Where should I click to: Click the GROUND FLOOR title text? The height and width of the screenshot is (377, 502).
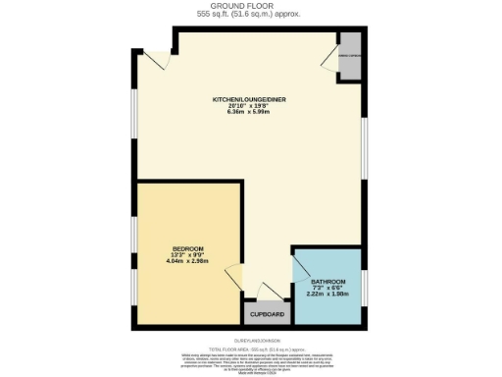point(250,6)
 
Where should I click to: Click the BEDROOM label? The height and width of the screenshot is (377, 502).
point(187,248)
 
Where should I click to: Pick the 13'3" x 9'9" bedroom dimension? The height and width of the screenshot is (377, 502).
point(187,255)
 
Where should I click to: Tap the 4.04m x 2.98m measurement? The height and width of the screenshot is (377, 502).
point(187,262)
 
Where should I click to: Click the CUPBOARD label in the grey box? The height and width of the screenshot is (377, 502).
point(266,314)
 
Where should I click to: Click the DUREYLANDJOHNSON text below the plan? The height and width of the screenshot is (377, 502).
point(250,340)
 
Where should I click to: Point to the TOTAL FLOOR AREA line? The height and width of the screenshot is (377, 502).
point(250,349)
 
